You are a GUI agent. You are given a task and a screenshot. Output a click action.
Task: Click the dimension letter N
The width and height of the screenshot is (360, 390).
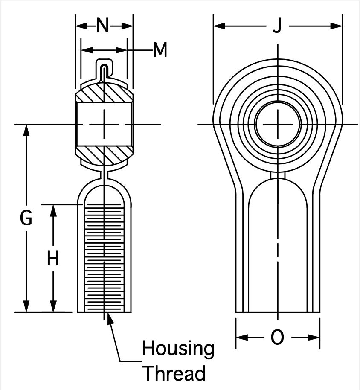click(103, 26)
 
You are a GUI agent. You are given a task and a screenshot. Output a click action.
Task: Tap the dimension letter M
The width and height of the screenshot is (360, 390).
click(160, 49)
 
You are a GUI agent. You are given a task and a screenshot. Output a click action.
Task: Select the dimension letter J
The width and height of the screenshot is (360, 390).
click(277, 26)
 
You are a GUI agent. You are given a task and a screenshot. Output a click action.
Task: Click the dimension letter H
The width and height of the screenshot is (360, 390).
click(53, 258)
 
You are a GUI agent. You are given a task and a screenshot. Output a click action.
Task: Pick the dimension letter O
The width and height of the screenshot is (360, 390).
click(277, 337)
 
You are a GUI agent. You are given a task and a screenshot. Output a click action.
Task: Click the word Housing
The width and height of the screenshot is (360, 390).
click(178, 349)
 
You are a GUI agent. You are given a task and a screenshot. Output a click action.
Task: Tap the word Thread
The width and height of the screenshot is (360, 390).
click(175, 373)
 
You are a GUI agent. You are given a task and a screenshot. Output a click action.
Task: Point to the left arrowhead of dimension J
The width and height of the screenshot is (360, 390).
click(219, 26)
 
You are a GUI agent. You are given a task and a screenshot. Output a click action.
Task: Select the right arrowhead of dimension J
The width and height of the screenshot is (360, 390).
click(337, 26)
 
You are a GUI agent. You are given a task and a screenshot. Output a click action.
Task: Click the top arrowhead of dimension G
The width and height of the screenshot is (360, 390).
click(26, 130)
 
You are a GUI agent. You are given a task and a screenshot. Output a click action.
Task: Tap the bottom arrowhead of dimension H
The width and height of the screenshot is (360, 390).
click(53, 306)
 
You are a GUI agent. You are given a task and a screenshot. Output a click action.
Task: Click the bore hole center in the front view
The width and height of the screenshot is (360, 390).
click(278, 124)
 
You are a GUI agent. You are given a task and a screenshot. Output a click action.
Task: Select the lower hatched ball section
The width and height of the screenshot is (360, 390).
click(104, 155)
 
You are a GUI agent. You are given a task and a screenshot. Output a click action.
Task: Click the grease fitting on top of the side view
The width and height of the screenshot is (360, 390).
click(105, 70)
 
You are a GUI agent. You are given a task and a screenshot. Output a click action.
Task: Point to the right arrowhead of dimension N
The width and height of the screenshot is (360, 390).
click(127, 26)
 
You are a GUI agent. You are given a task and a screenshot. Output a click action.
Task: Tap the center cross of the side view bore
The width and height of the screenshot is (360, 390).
click(104, 124)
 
